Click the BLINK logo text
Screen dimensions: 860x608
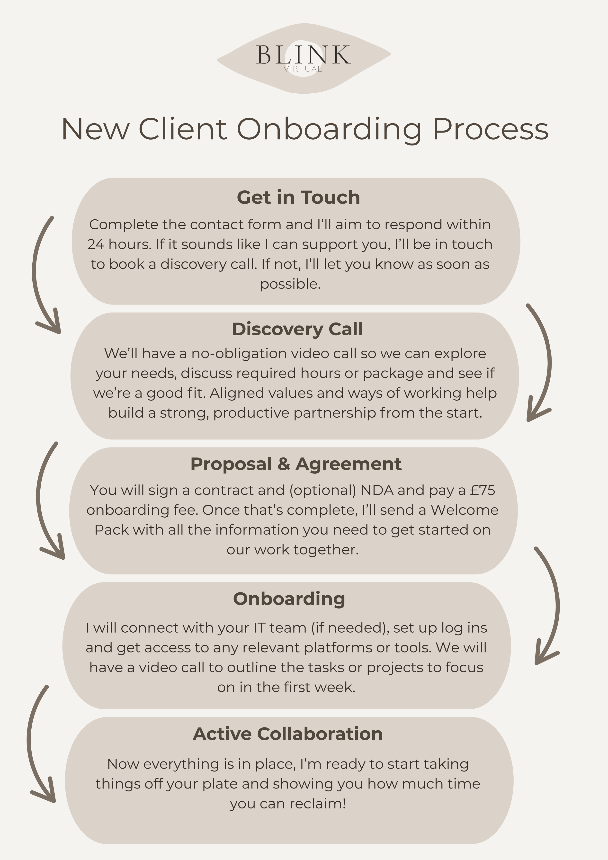(304, 55)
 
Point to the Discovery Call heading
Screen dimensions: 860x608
(297, 329)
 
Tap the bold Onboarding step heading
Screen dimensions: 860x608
(289, 599)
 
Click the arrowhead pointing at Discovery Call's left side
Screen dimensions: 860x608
(53, 325)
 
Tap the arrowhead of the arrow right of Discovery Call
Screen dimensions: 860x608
(534, 414)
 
